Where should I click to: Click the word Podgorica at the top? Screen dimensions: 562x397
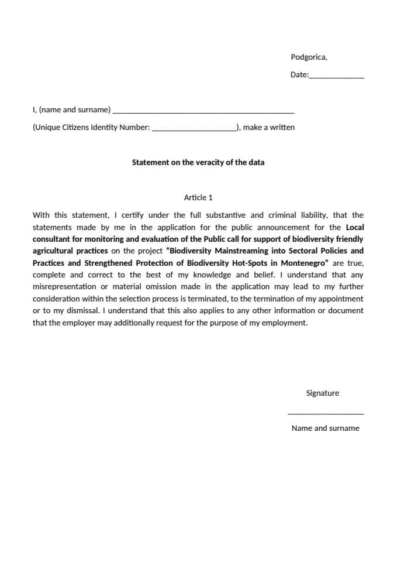(x=308, y=57)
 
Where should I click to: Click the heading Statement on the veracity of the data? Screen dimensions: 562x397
(x=198, y=162)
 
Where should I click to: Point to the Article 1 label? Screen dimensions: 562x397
(x=198, y=197)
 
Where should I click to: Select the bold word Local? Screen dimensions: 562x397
(x=354, y=227)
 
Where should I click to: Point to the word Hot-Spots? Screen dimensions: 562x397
(x=251, y=263)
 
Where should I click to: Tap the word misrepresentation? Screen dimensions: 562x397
(x=64, y=286)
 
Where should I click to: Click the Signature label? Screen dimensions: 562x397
(x=322, y=393)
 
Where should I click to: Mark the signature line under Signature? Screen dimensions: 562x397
(x=326, y=414)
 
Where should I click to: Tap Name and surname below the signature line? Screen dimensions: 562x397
(x=325, y=428)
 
